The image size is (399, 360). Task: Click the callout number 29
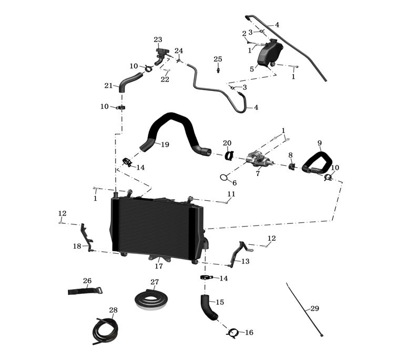(314, 308)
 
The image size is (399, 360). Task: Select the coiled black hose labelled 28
(105, 331)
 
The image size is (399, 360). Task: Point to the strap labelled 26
(85, 291)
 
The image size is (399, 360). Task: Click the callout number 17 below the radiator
(159, 266)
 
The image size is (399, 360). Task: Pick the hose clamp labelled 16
(233, 332)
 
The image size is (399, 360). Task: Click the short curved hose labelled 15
(208, 307)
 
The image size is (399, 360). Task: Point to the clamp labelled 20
(230, 155)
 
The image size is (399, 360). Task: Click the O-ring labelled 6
(224, 177)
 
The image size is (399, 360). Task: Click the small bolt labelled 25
(218, 69)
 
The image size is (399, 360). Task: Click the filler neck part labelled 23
(160, 54)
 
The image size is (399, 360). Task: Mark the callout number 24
(179, 51)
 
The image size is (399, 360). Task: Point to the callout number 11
(231, 194)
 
